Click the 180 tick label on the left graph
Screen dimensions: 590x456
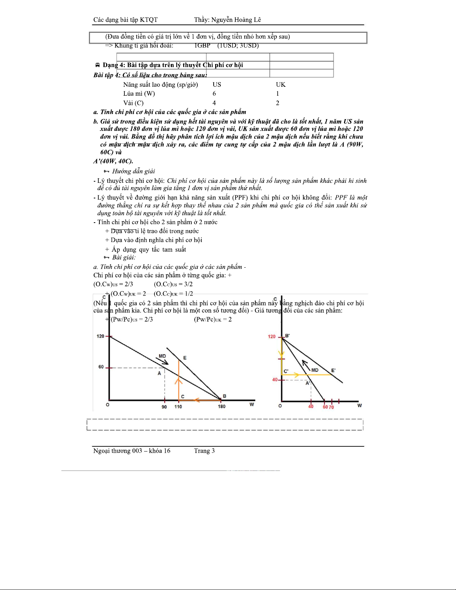(x=221, y=406)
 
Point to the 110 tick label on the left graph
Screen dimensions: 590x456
(x=178, y=406)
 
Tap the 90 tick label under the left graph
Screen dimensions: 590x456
(x=164, y=407)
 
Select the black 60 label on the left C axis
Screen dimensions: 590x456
(x=101, y=367)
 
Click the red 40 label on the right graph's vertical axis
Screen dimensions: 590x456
(x=275, y=380)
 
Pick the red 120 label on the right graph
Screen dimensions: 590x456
(x=272, y=337)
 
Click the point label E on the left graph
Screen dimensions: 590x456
(x=185, y=358)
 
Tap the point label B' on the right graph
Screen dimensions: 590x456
(x=287, y=336)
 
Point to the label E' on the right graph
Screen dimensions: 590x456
(x=333, y=370)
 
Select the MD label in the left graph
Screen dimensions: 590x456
(x=162, y=356)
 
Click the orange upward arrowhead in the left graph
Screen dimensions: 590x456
(x=179, y=380)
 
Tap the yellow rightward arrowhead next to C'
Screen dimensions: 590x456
(x=297, y=375)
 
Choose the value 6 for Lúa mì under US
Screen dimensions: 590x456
(x=214, y=94)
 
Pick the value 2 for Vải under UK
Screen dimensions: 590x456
(x=277, y=103)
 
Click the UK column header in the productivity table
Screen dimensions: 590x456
(x=281, y=85)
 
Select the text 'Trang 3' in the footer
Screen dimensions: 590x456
(x=204, y=451)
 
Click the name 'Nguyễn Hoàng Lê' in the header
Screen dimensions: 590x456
(x=236, y=20)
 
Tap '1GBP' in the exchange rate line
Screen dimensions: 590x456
(x=202, y=45)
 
